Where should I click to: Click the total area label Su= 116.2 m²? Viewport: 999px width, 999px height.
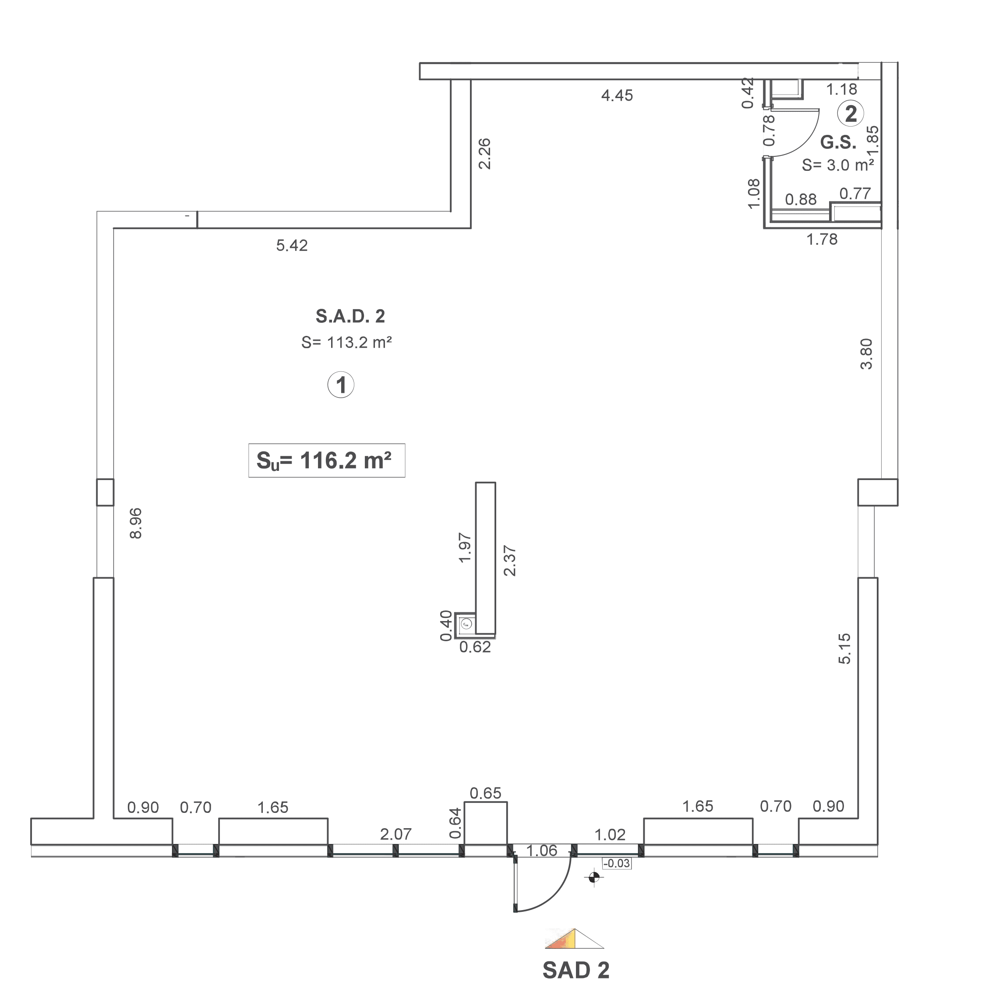pyautogui.click(x=326, y=460)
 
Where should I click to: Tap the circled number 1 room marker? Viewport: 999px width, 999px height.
pyautogui.click(x=341, y=385)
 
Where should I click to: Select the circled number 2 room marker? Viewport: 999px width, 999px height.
pyautogui.click(x=851, y=113)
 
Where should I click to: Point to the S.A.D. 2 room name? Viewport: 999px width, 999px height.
pyautogui.click(x=350, y=316)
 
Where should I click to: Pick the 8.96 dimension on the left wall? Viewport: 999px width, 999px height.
pyautogui.click(x=135, y=523)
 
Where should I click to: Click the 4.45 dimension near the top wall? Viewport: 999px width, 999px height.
pyautogui.click(x=617, y=95)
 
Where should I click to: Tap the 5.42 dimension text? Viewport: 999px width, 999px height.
pyautogui.click(x=292, y=245)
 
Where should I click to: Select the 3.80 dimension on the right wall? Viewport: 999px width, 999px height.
pyautogui.click(x=866, y=354)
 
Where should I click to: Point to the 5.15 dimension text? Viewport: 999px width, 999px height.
pyautogui.click(x=844, y=649)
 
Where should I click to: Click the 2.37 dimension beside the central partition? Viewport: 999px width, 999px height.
pyautogui.click(x=510, y=561)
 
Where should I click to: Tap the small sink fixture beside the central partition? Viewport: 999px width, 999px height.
pyautogui.click(x=466, y=624)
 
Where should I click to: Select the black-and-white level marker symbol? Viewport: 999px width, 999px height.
pyautogui.click(x=593, y=877)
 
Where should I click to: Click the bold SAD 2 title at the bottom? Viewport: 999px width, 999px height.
pyautogui.click(x=575, y=970)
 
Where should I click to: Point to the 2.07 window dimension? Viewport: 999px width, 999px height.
pyautogui.click(x=395, y=833)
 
